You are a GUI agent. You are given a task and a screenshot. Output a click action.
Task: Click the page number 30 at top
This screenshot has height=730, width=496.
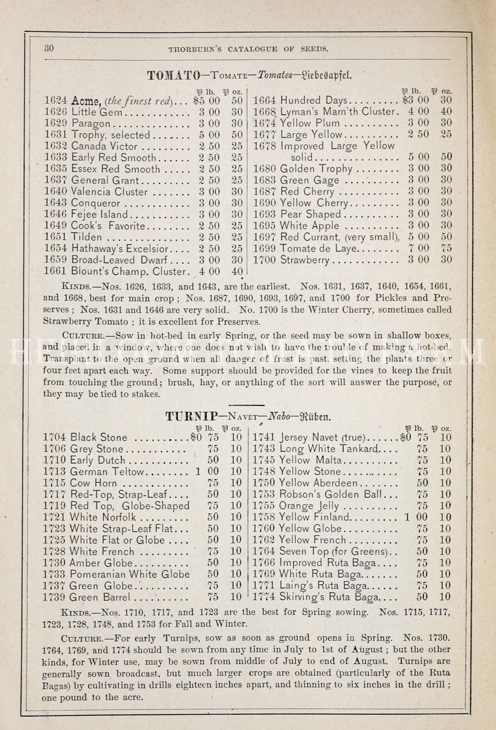(x=49, y=48)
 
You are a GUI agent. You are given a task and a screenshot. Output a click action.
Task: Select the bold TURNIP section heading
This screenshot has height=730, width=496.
(x=192, y=417)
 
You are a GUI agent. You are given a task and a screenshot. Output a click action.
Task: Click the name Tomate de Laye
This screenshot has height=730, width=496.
(x=318, y=248)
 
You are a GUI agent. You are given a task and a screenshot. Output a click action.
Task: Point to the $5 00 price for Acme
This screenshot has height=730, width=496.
(x=206, y=101)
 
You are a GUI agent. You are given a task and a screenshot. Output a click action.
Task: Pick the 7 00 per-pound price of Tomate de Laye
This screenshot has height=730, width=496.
(x=418, y=248)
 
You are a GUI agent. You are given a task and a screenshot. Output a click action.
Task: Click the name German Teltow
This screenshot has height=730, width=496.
(x=107, y=472)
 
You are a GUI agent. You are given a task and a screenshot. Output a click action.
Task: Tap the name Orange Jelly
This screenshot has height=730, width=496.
(x=309, y=506)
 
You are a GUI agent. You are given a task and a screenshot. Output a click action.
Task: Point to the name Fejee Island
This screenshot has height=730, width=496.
(x=100, y=214)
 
